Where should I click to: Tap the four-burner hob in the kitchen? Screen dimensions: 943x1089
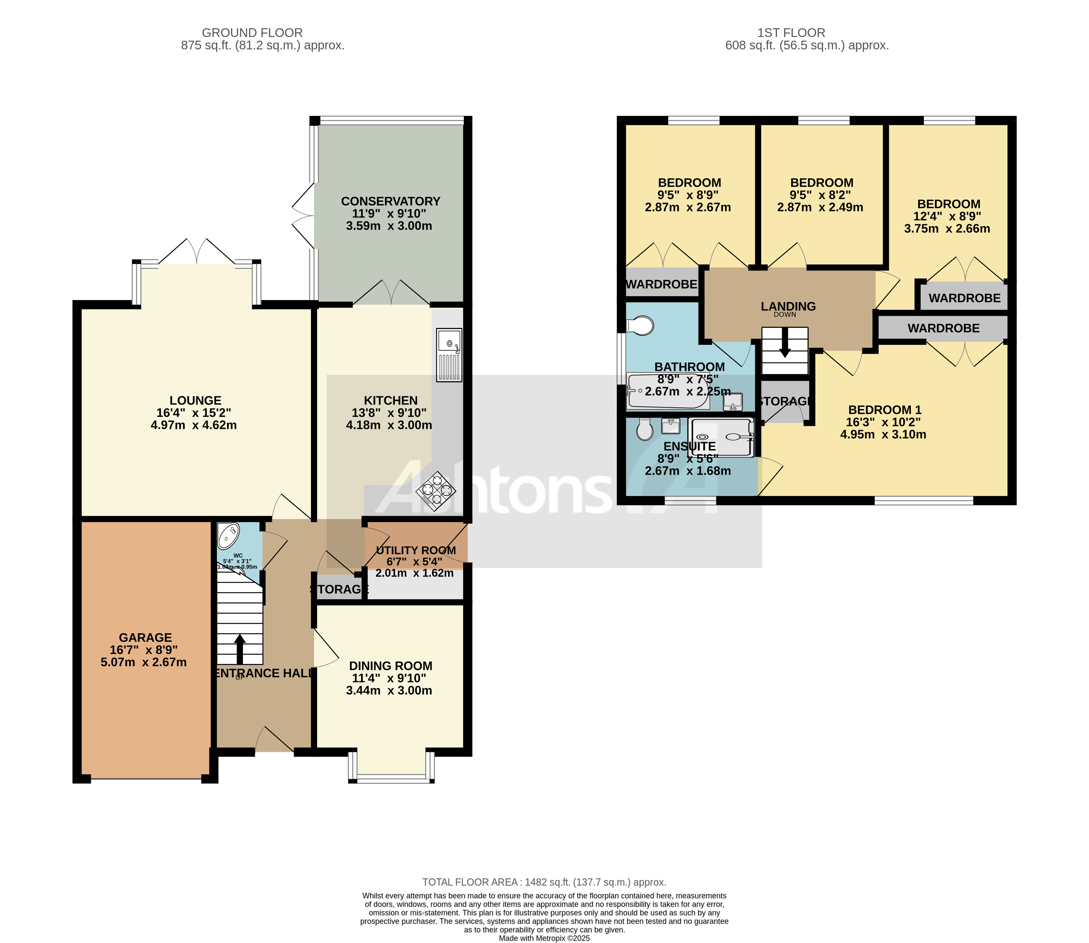click(x=436, y=490)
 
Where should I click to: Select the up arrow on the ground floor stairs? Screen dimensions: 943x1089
click(x=240, y=648)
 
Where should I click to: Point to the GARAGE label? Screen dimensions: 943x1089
click(x=145, y=637)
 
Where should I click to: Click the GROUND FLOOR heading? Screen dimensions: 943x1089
click(x=252, y=33)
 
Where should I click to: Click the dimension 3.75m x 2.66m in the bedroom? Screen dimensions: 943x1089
click(x=947, y=228)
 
